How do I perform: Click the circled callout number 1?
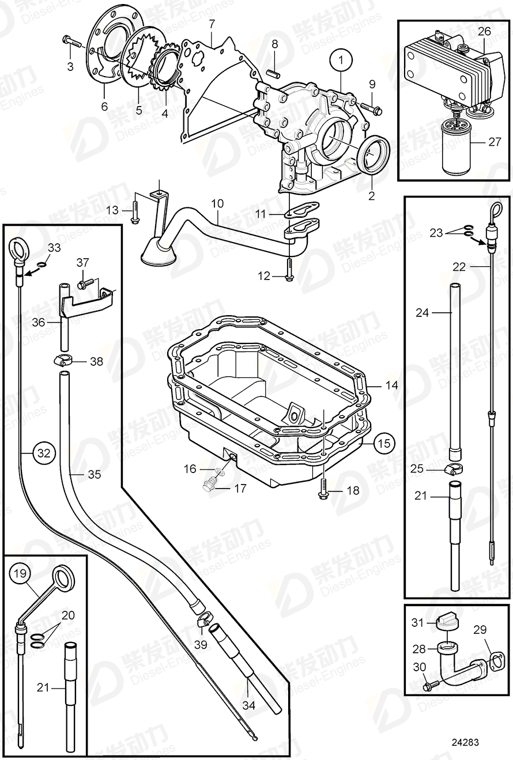[x=341, y=59]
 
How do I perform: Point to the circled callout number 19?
[x=20, y=573]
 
